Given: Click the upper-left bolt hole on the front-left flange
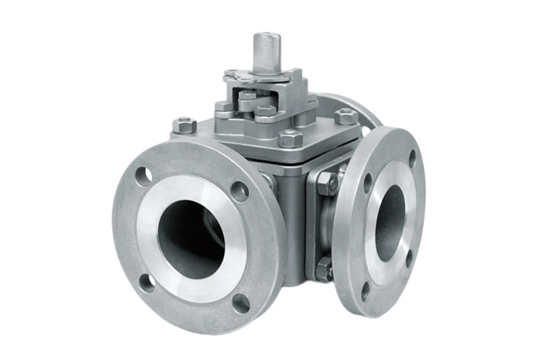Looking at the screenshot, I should tap(143, 176).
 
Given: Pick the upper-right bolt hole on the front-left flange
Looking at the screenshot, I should tap(239, 191).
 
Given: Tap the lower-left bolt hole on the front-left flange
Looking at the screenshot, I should tap(146, 282).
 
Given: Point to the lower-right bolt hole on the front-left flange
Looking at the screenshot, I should tap(240, 302).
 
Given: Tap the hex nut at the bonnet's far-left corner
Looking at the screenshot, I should tap(184, 125).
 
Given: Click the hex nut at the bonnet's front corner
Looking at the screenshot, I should tap(290, 138).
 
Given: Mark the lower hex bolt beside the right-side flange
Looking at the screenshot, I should tap(325, 269).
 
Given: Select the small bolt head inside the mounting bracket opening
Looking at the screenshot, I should tap(248, 98).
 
